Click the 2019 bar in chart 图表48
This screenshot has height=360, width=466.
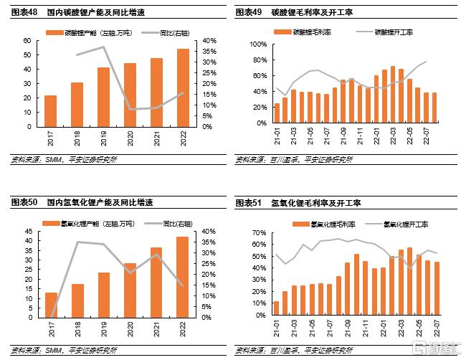(x=103, y=97)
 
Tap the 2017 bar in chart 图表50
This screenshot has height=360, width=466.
(x=51, y=305)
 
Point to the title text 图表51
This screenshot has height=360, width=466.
(x=248, y=204)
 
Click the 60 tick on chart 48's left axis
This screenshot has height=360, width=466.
(x=27, y=41)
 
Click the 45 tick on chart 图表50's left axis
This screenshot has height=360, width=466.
(x=27, y=232)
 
